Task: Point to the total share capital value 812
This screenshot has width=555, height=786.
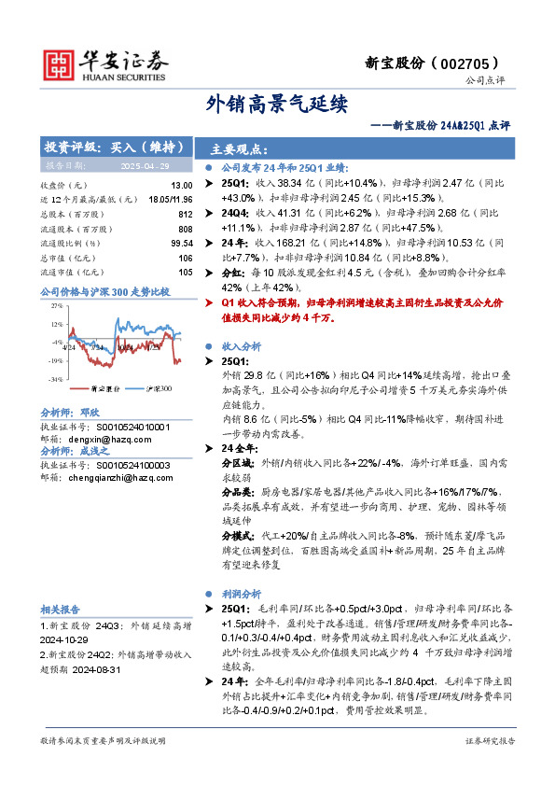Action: click(186, 214)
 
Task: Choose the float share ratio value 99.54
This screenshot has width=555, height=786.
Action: click(182, 243)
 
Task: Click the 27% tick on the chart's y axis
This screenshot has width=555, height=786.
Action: click(57, 305)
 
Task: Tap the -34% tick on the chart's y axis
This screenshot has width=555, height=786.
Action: click(56, 379)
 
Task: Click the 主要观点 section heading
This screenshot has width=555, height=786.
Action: click(239, 148)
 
